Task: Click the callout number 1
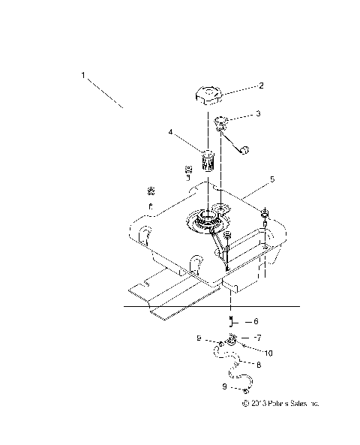[84, 76]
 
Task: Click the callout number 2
[261, 86]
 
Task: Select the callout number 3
[257, 114]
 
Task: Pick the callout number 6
[256, 321]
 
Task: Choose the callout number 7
[257, 338]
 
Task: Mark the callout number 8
[258, 365]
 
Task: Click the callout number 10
[268, 350]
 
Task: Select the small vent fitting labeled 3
[223, 122]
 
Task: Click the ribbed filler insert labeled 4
[208, 159]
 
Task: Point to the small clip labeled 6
[232, 320]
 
